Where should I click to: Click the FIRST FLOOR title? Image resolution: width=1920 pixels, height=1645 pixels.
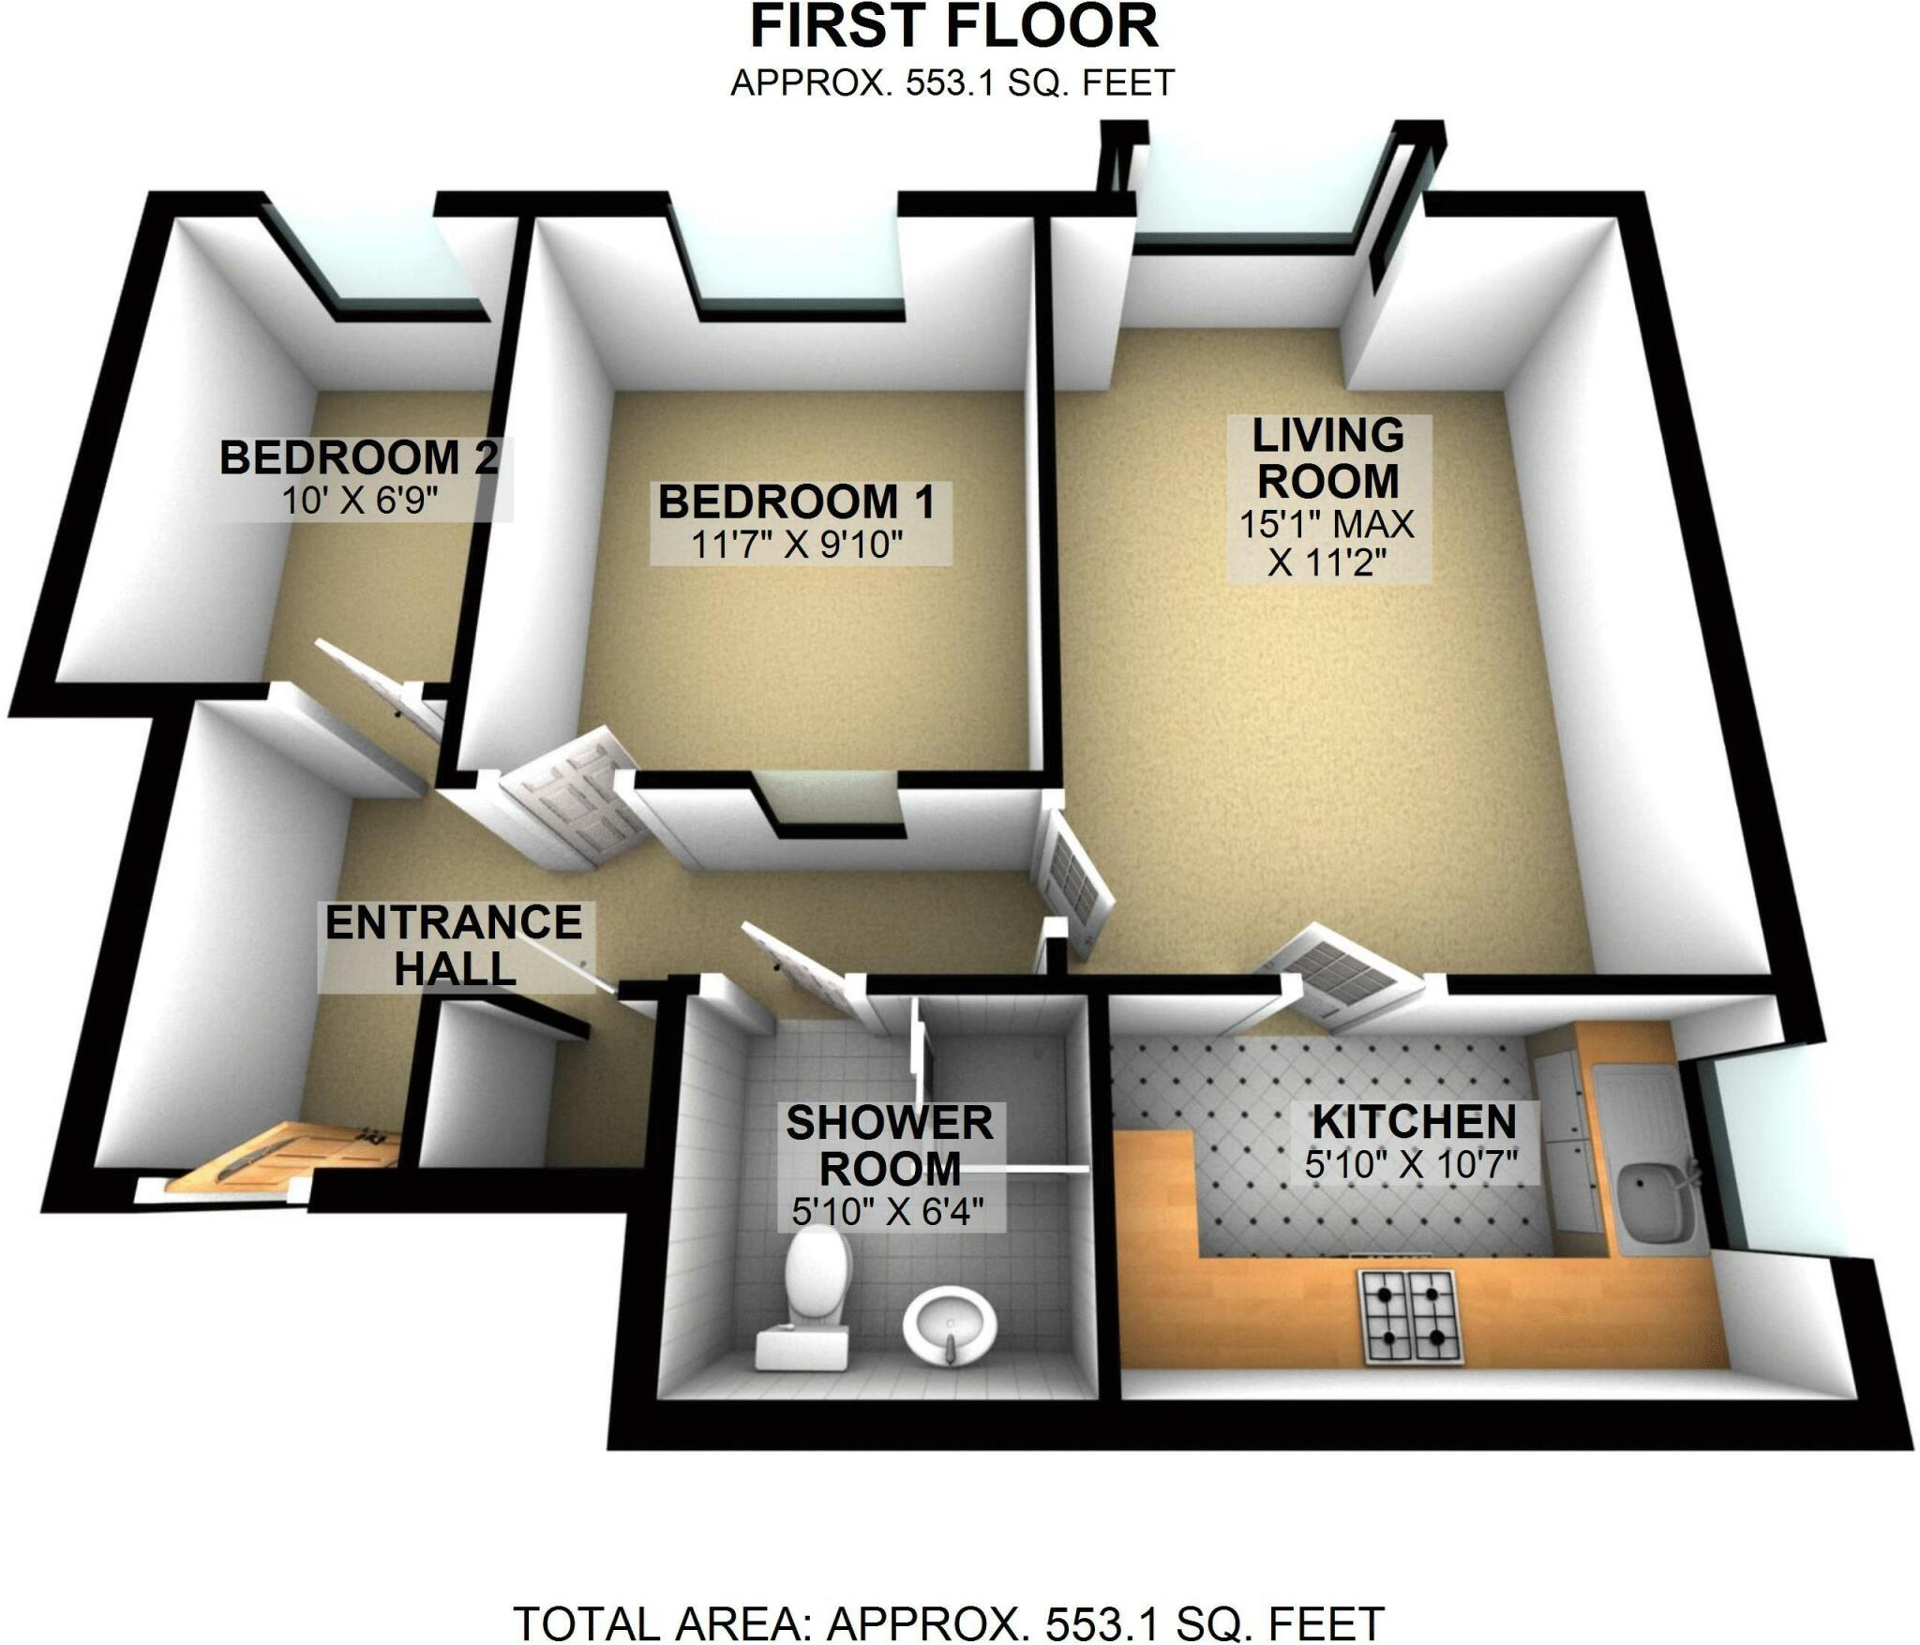[x=953, y=28]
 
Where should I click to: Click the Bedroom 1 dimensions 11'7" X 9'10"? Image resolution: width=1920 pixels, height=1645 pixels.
[x=797, y=545]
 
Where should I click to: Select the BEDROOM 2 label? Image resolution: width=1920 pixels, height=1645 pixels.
[x=359, y=458]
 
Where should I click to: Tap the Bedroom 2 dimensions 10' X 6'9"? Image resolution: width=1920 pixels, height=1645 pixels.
[x=361, y=501]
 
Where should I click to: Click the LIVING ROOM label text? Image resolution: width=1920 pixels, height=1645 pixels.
[x=1328, y=459]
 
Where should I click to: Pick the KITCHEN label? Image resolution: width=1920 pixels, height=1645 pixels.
[x=1414, y=1122]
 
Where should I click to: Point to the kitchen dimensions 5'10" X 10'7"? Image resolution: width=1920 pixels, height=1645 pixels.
[x=1411, y=1165]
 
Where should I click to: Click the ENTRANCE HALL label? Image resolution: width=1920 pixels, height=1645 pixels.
[x=454, y=946]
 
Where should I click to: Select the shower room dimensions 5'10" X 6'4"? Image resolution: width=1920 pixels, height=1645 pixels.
[x=888, y=1213]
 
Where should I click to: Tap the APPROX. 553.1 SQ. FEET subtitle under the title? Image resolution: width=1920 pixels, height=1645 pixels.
[x=952, y=83]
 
